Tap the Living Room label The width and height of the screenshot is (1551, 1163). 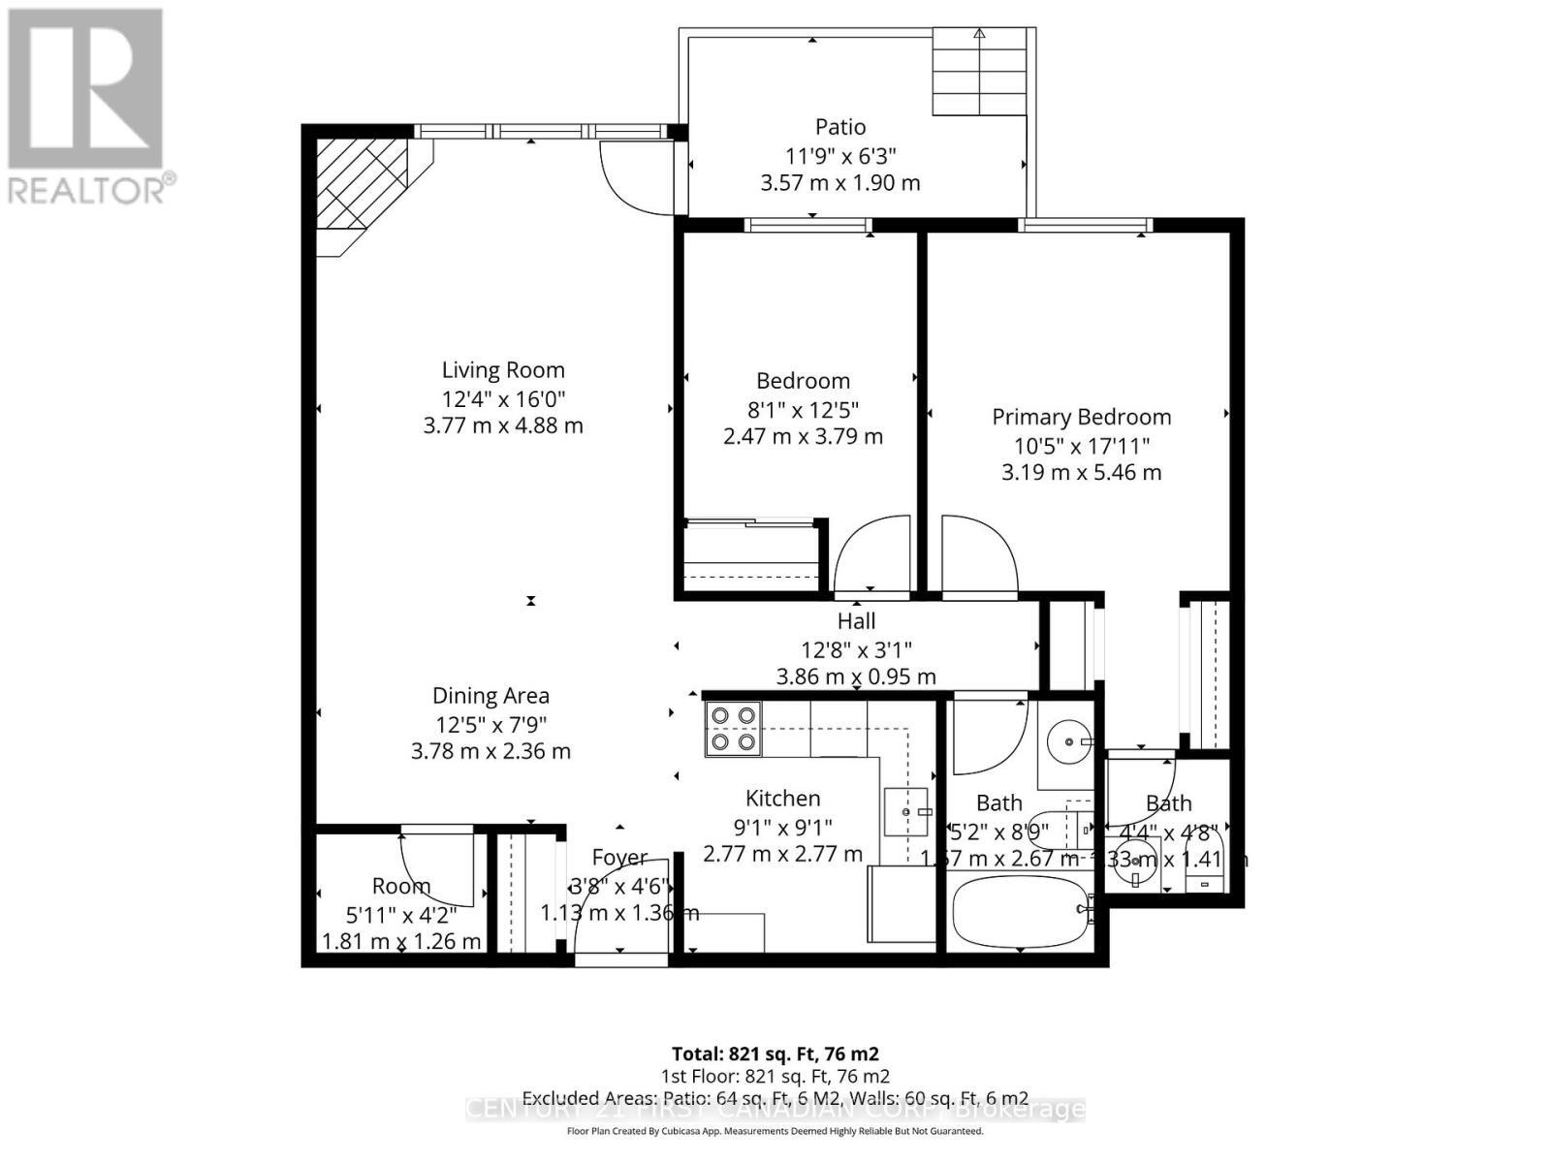[503, 369]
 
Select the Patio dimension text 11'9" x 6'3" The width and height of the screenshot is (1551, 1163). [840, 155]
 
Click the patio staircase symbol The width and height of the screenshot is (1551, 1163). [979, 73]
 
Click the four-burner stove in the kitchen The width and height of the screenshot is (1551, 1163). [733, 729]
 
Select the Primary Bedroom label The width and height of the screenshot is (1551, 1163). [1081, 417]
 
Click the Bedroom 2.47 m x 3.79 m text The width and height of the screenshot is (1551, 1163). [803, 436]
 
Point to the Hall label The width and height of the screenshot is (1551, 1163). [856, 621]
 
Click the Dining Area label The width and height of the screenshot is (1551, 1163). [491, 695]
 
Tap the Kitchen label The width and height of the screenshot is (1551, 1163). [782, 799]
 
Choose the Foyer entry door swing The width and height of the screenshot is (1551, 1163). [616, 906]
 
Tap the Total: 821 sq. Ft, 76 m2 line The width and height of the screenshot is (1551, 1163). [775, 1053]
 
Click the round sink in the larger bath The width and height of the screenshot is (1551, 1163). [1067, 741]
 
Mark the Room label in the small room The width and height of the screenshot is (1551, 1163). [401, 886]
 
